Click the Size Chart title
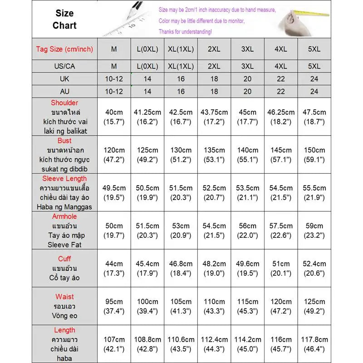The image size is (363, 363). coord(64,20)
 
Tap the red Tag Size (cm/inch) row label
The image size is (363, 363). coord(64,49)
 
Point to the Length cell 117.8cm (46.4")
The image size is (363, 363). coord(314,344)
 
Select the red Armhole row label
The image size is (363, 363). coord(64,216)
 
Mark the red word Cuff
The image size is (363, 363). coord(64,259)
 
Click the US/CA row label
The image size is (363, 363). coord(64,66)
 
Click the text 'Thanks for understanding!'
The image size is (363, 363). coord(185,32)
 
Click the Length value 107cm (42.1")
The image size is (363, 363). coord(114,344)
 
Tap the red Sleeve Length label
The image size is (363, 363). coord(64,179)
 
